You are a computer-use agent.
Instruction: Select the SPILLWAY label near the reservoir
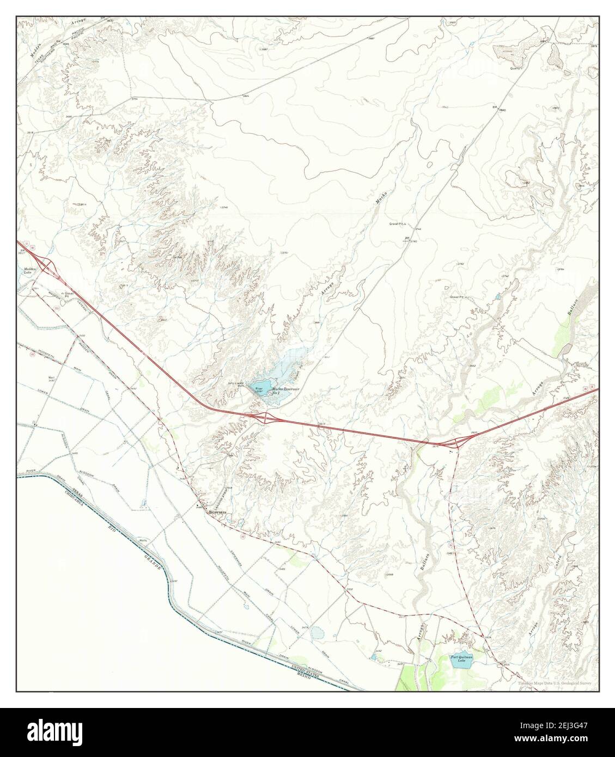(235, 384)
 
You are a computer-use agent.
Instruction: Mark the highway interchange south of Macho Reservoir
(266, 418)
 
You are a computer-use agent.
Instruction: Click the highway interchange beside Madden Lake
(46, 264)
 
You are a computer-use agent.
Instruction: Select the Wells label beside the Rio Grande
(144, 540)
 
